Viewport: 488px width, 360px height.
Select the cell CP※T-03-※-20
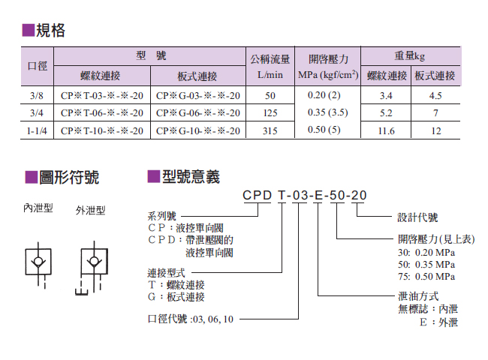102,96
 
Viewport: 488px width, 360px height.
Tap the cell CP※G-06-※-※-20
198,113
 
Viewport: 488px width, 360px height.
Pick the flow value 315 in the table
270,130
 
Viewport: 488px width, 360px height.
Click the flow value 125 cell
270,113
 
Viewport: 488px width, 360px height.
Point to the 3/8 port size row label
38,96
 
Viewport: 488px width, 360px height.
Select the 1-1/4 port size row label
38,130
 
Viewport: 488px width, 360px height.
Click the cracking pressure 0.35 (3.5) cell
328,113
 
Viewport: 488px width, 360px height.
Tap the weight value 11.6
387,130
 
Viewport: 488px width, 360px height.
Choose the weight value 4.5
435,96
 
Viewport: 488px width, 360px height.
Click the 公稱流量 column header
270,58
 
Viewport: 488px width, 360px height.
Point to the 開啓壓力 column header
328,58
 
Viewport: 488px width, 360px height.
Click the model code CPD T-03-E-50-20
304,196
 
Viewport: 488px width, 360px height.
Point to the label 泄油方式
417,297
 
